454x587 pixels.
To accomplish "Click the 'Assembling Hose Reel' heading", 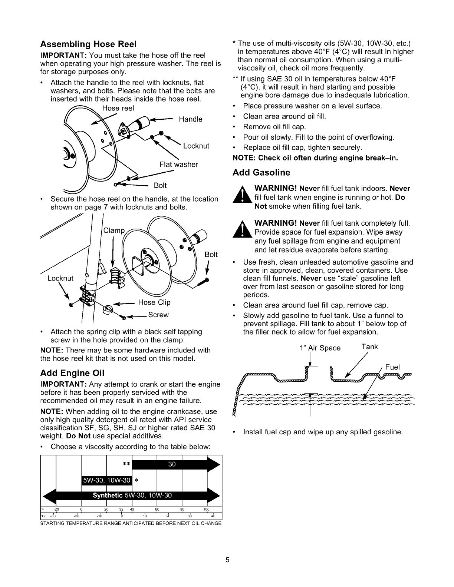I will [x=89, y=44].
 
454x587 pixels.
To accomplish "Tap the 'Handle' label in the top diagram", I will [x=190, y=119].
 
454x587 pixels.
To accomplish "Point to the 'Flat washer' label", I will [x=178, y=164].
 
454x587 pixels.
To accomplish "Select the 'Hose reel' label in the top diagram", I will [x=118, y=108].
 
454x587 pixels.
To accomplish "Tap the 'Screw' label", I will [x=158, y=315].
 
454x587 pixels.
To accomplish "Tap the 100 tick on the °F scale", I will [x=207, y=509].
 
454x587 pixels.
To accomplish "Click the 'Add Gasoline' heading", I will [x=261, y=172].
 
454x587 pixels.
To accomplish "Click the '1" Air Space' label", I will [x=320, y=348].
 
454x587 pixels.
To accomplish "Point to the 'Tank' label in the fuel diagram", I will [x=369, y=346].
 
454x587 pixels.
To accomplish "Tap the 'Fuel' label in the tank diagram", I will [x=392, y=367].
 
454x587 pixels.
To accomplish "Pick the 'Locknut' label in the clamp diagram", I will [x=60, y=278].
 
